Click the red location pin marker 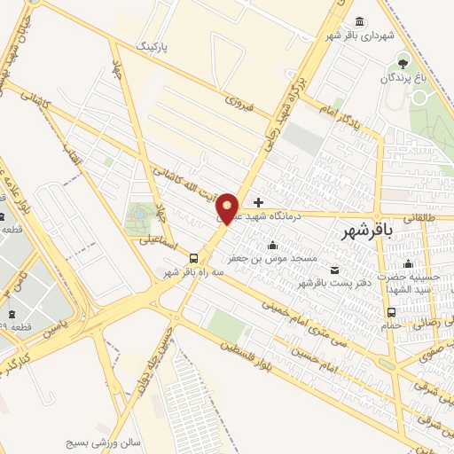click(x=227, y=207)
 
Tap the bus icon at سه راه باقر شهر click(x=193, y=257)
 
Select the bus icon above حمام click(x=392, y=312)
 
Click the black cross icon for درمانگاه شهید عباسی click(x=258, y=203)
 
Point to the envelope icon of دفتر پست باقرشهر click(x=333, y=270)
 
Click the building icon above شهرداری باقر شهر click(x=359, y=21)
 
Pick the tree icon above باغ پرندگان click(x=403, y=64)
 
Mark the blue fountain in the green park click(x=139, y=214)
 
